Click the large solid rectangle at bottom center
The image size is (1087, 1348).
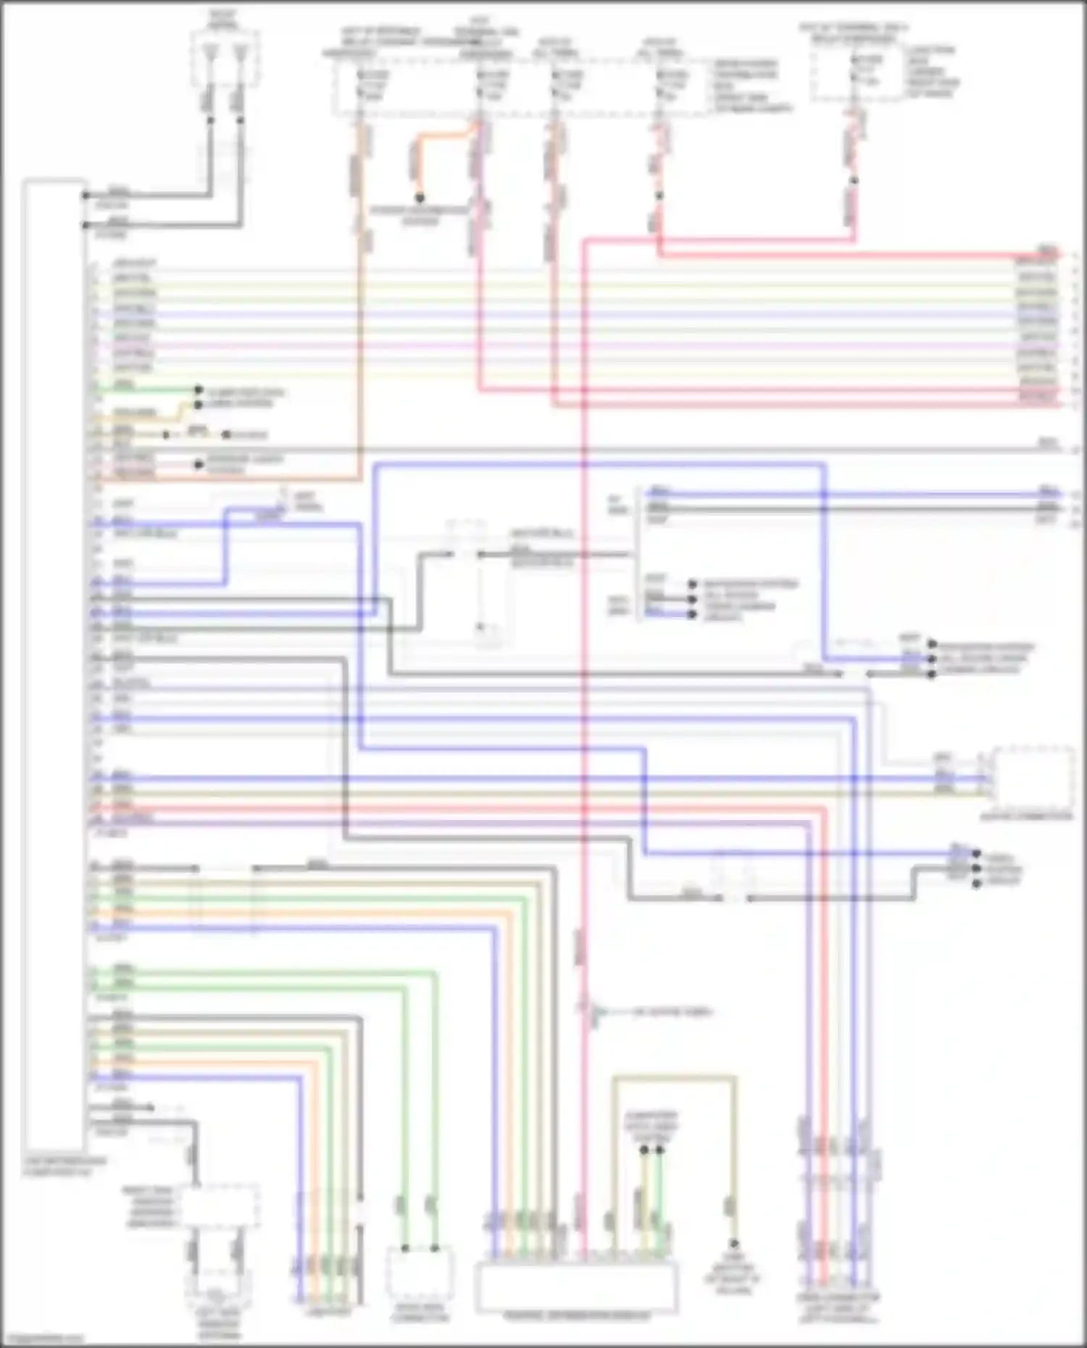click(x=576, y=1286)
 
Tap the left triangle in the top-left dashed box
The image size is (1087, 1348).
click(x=211, y=51)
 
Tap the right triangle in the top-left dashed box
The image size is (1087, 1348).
click(x=241, y=51)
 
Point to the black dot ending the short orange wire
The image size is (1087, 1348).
click(x=419, y=197)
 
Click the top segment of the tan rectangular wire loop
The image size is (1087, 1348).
click(x=674, y=1078)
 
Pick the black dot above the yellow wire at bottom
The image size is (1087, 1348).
click(x=644, y=1150)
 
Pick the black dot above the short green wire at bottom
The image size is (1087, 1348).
click(x=659, y=1150)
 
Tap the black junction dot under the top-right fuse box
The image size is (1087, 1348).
click(x=854, y=180)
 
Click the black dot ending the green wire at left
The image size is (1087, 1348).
click(x=199, y=390)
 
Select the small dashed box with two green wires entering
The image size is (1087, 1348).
click(x=420, y=1275)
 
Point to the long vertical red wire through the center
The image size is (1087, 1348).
click(x=583, y=652)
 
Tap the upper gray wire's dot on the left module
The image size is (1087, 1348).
click(x=86, y=195)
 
